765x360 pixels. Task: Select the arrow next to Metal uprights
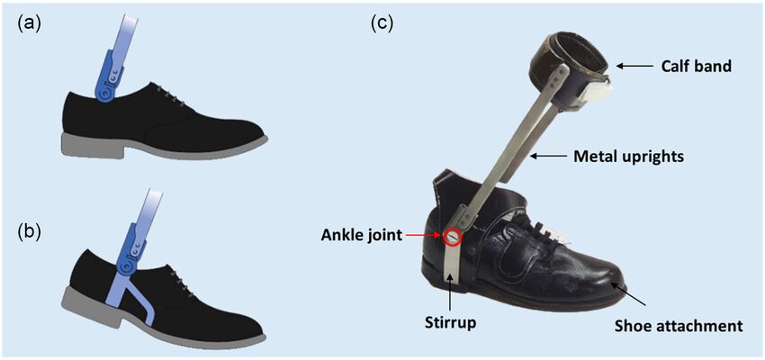[x=550, y=156]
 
